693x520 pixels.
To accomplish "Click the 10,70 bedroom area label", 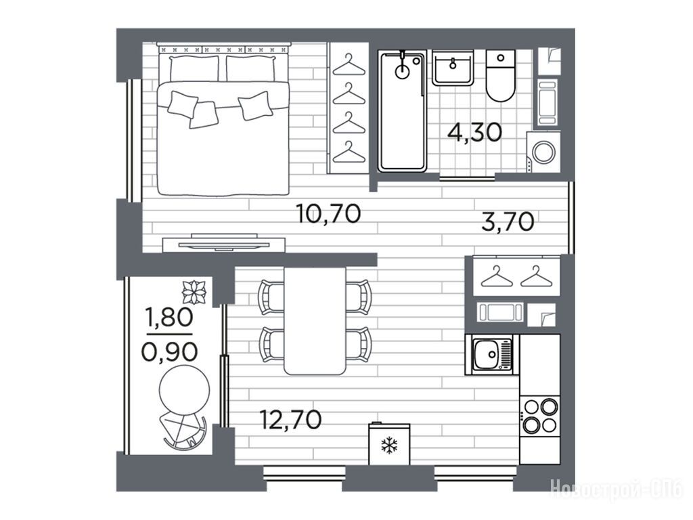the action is click(x=329, y=214).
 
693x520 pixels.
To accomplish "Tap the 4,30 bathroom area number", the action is click(x=474, y=132).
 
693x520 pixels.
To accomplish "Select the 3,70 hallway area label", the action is click(x=508, y=222).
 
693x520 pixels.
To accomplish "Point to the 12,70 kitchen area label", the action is click(x=290, y=420).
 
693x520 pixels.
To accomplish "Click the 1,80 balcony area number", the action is click(x=169, y=317).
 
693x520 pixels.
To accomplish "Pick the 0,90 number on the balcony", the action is click(x=169, y=352).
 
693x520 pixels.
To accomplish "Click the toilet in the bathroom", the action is click(x=501, y=76).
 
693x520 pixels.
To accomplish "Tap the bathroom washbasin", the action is click(x=453, y=68).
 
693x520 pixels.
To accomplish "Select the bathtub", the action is click(x=402, y=110).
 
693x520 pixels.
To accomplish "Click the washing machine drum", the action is click(x=544, y=152).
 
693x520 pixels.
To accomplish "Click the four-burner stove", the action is click(x=539, y=416).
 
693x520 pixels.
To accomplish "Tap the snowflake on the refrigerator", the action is click(x=389, y=446).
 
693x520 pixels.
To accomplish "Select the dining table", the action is click(x=315, y=320).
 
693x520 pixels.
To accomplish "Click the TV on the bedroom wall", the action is click(x=223, y=244).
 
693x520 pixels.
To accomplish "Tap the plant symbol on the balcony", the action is click(x=195, y=292).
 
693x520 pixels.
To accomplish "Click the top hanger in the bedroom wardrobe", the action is click(x=349, y=64).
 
